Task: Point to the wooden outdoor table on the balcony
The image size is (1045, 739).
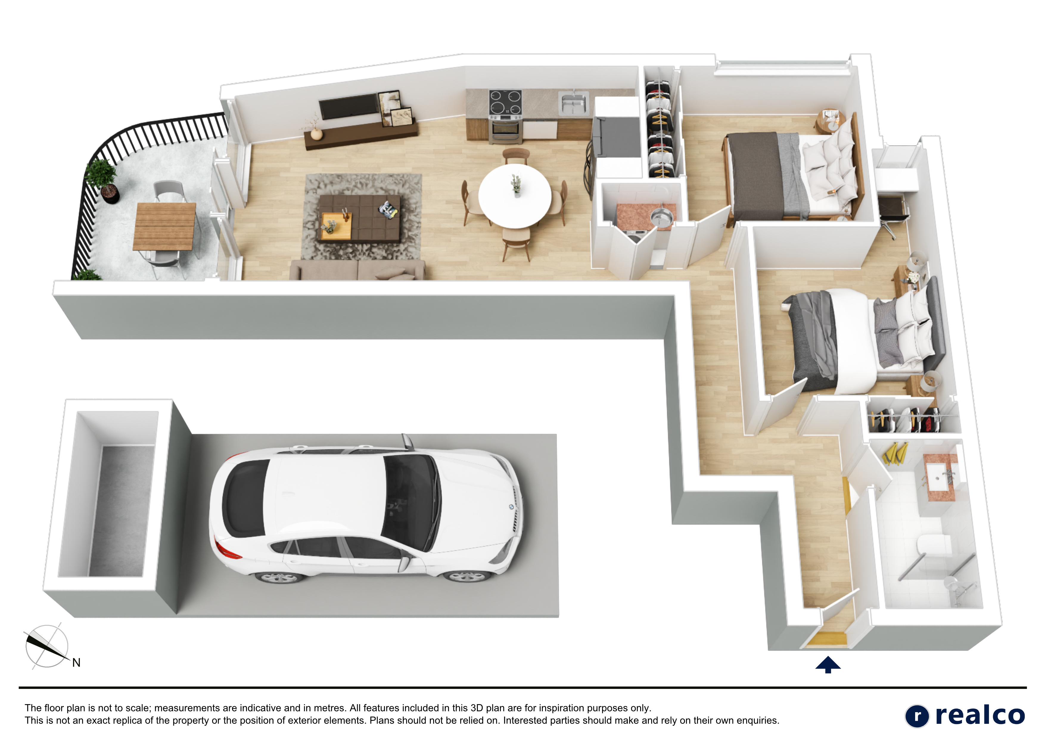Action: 165,226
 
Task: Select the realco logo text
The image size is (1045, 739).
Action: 979,715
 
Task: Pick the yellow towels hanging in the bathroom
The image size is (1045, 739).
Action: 895,454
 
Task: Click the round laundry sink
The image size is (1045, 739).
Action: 660,217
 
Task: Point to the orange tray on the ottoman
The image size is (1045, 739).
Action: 336,225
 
